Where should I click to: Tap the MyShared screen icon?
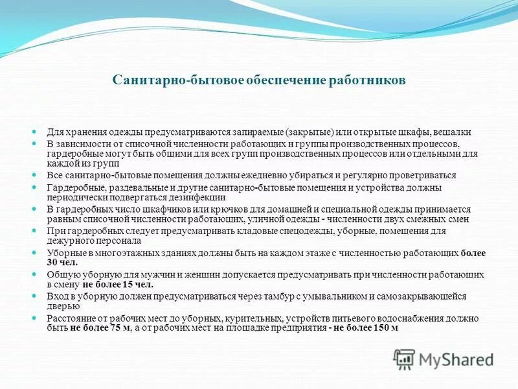[405, 359]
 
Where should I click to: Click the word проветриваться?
[422, 175]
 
